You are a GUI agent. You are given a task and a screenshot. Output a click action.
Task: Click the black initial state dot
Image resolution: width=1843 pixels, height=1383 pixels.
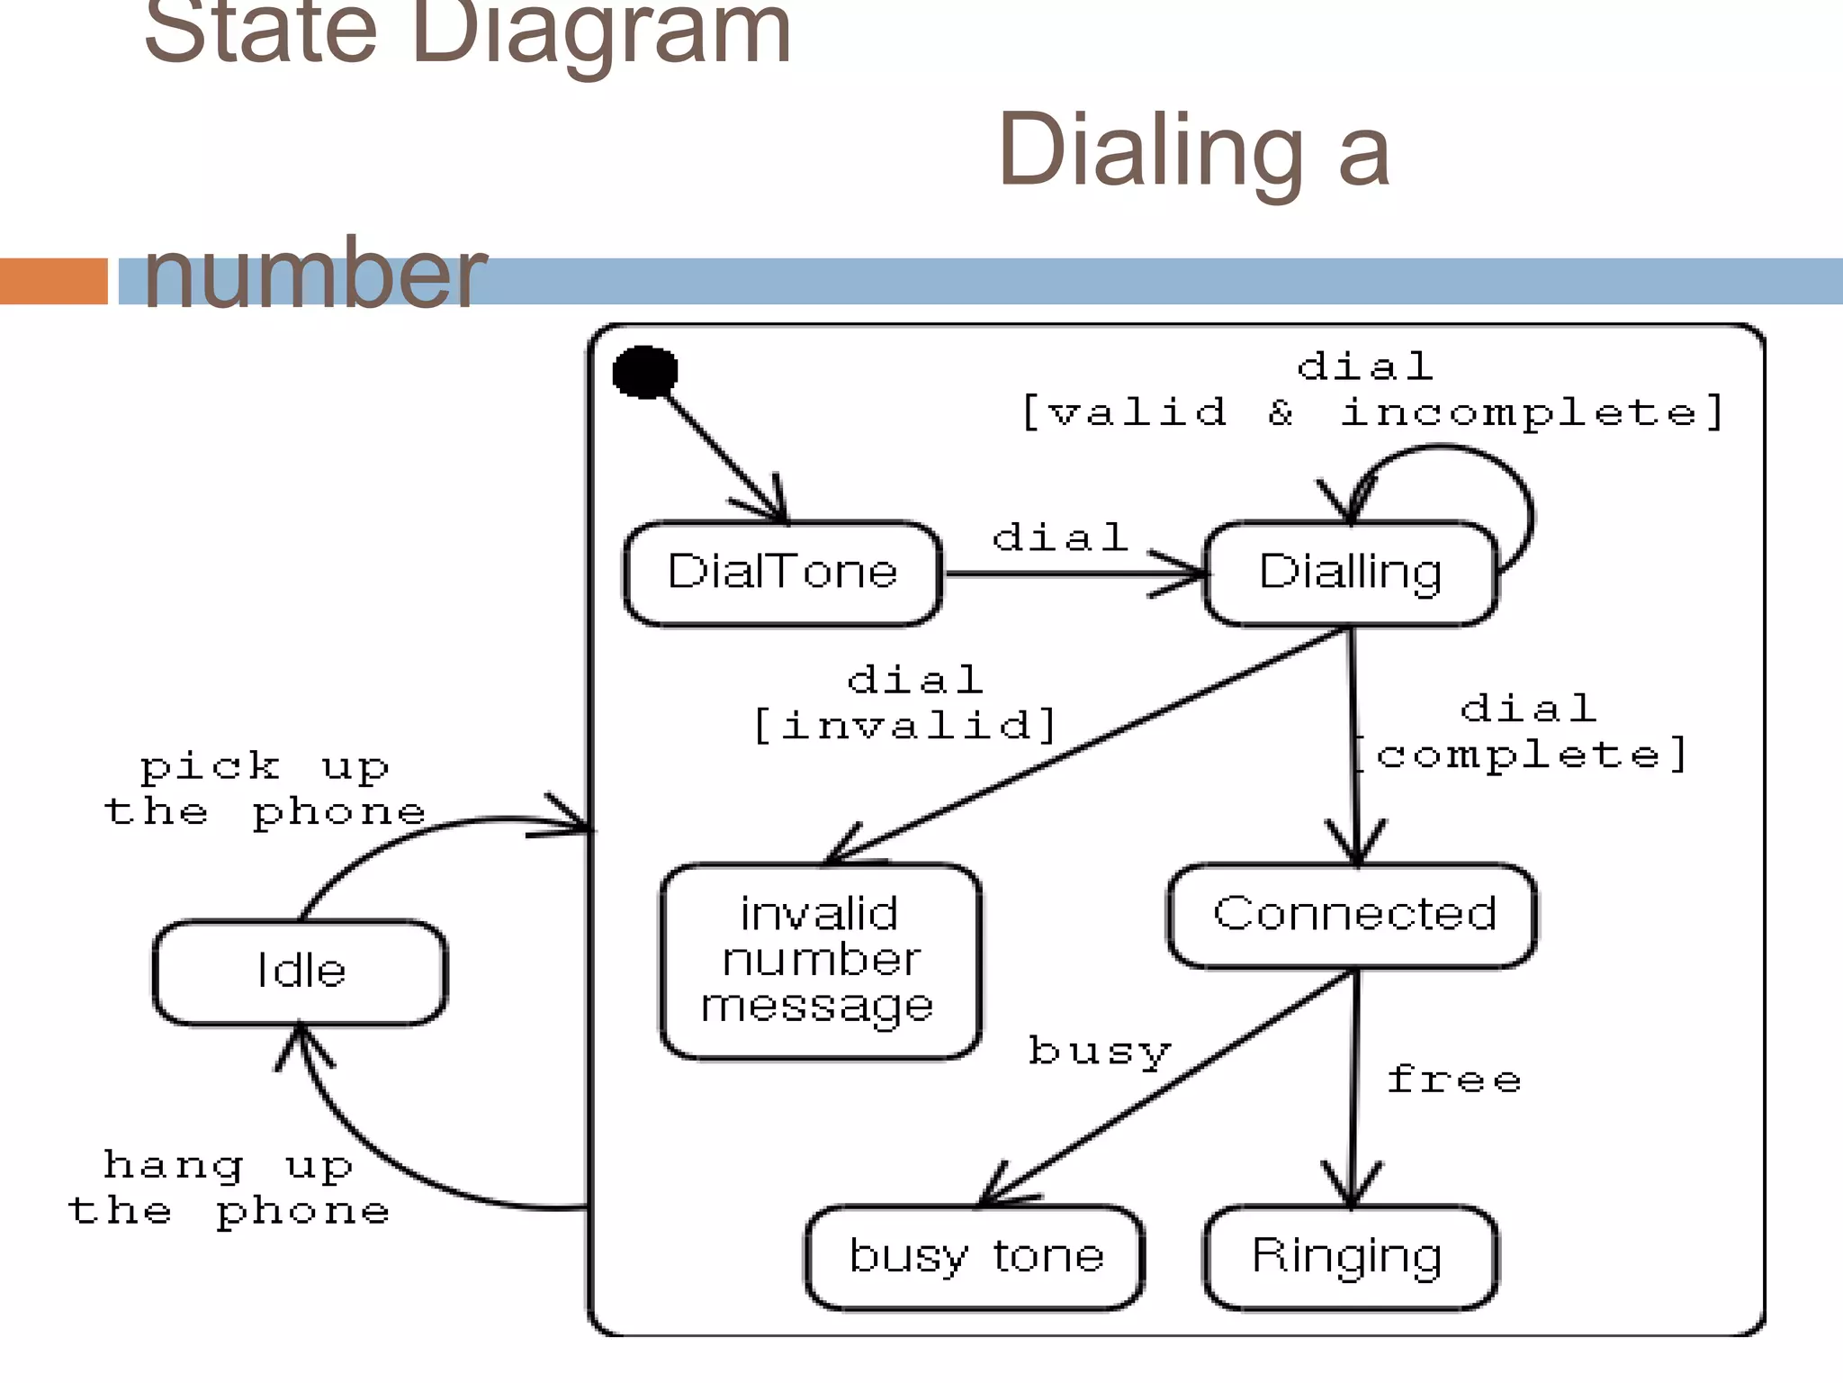(x=644, y=372)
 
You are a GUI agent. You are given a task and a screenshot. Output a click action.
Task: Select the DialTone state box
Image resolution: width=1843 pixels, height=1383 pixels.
(x=782, y=573)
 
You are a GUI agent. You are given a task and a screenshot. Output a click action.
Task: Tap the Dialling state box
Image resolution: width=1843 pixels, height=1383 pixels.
(x=1350, y=573)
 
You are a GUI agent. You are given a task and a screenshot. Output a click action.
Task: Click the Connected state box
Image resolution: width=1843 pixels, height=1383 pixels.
(x=1353, y=915)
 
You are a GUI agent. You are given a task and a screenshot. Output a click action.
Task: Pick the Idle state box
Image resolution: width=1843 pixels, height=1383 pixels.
(x=301, y=972)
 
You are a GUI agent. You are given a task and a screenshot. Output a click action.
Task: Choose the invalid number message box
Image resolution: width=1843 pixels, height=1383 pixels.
(x=819, y=961)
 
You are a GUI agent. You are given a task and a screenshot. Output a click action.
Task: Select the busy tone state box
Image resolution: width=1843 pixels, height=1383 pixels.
(x=975, y=1257)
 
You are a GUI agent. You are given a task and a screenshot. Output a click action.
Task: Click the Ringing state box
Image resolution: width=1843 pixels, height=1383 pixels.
(x=1348, y=1257)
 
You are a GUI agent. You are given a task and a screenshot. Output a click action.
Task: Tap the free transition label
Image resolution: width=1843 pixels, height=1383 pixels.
(x=1453, y=1079)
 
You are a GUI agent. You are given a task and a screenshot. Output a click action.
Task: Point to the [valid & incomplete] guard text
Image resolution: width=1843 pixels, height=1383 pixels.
(x=1371, y=412)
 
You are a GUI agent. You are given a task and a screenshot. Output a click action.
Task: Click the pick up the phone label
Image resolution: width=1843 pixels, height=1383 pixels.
(x=265, y=790)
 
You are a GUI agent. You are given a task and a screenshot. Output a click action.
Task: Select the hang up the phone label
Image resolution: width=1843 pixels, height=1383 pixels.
(x=229, y=1189)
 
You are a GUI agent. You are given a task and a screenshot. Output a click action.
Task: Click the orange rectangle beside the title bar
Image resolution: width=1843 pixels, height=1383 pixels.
(x=53, y=281)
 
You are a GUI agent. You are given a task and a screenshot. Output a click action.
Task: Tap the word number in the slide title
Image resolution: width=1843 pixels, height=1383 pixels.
(x=314, y=273)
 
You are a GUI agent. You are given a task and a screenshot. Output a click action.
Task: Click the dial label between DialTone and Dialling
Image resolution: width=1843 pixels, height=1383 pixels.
(x=1060, y=538)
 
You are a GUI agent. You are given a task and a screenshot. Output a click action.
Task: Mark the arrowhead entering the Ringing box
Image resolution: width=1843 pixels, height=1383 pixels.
(x=1352, y=1189)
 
